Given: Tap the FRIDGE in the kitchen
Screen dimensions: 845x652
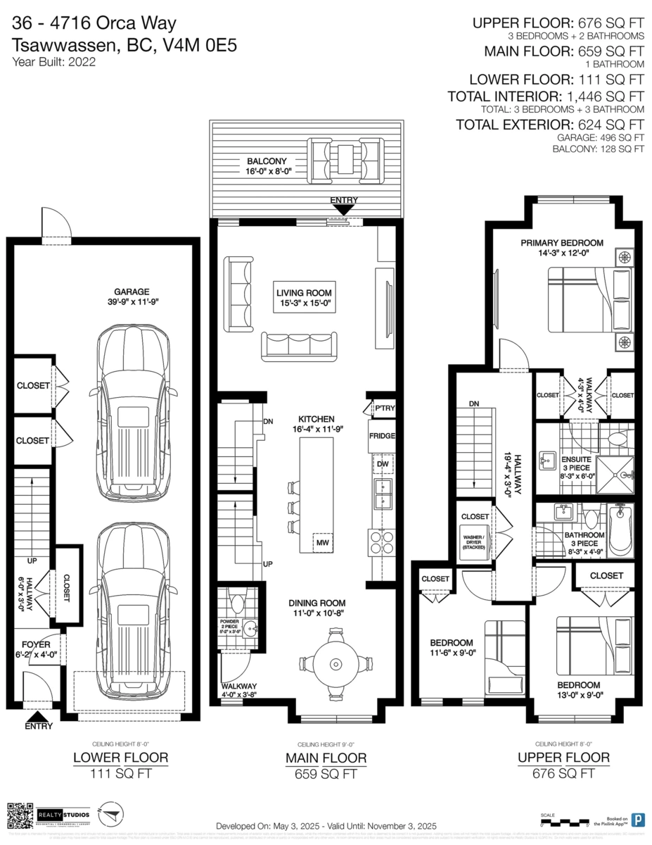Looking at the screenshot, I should click(381, 437).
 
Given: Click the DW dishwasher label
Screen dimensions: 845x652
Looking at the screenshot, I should click(383, 464).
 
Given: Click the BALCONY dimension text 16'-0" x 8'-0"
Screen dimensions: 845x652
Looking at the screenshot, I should click(264, 171).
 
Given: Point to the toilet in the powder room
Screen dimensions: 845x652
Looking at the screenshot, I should click(237, 602).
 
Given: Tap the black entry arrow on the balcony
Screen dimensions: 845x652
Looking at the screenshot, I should click(343, 208).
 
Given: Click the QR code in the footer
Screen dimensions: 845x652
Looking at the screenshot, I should click(20, 815).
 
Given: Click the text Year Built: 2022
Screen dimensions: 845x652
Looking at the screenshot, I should click(53, 61).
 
